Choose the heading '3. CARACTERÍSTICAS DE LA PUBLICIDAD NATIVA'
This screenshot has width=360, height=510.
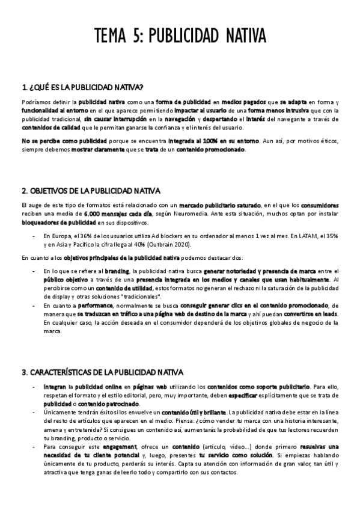click(102, 372)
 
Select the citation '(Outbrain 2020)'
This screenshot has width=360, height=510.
click(215, 245)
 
